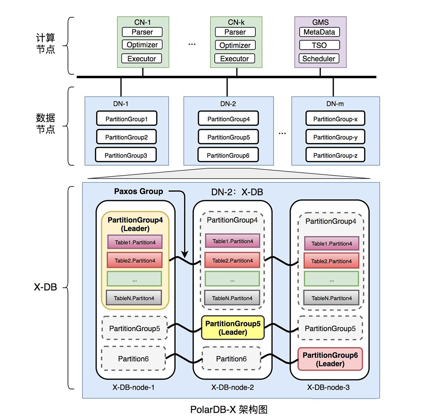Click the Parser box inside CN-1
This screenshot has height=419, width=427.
coord(142,32)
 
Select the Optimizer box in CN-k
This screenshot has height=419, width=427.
coord(235,45)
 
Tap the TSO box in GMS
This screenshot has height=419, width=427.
coord(319,45)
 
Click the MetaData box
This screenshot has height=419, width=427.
coord(319,32)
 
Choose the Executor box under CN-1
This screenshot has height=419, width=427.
coord(142,59)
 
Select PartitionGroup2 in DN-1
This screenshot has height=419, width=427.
coord(127,137)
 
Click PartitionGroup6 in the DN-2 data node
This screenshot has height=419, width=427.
coord(228,155)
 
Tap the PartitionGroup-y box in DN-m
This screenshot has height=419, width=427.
coord(335,137)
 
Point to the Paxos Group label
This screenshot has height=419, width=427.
coord(138,191)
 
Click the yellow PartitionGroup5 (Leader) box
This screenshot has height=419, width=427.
coord(233,328)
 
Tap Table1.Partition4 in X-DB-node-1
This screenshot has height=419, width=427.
coord(134,242)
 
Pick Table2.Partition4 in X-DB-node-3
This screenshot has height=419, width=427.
coord(331,261)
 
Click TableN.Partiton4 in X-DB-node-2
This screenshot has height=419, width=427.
coord(232,298)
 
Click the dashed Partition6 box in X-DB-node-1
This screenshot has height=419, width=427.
coord(134,359)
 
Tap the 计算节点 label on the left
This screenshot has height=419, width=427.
coord(45,44)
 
